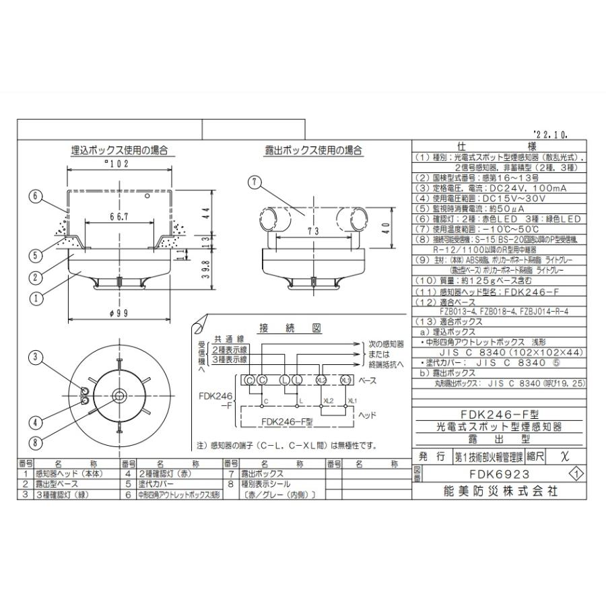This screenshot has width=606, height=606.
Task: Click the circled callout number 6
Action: [36, 197]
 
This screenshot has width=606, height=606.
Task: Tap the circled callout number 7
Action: [254, 181]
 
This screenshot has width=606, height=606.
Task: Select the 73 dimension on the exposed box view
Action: [310, 231]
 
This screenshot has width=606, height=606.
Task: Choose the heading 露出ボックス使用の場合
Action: [314, 149]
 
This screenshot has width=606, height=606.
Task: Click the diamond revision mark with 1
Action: [576, 473]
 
